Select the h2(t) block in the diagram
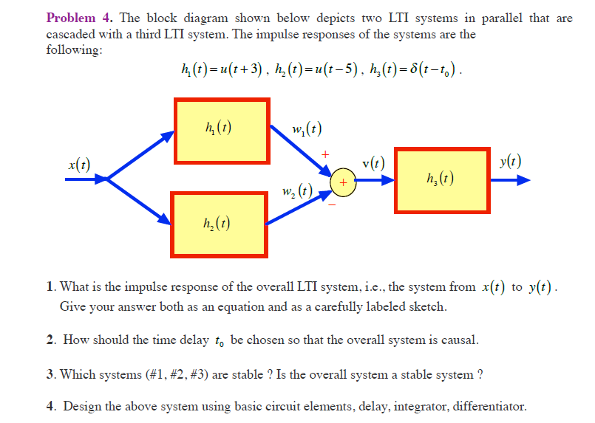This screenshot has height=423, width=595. click(x=218, y=224)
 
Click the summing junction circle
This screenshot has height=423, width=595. click(x=343, y=181)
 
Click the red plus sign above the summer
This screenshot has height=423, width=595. click(x=323, y=154)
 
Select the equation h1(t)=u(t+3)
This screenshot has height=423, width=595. click(x=216, y=72)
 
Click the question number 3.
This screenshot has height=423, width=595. click(x=49, y=374)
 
